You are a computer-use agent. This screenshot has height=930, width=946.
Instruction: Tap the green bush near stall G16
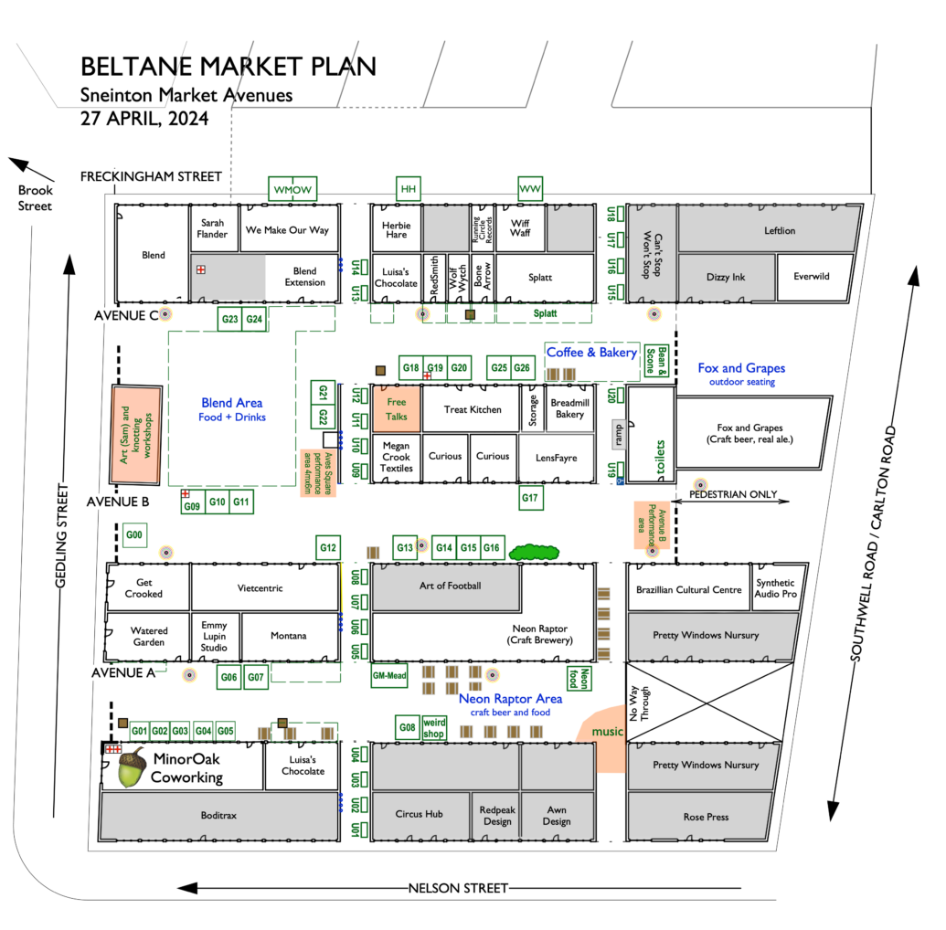click(x=535, y=551)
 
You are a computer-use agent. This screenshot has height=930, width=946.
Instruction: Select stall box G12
click(x=327, y=548)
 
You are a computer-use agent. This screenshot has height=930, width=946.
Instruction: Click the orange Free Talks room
click(x=397, y=408)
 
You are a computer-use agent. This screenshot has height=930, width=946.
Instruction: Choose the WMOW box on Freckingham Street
click(x=293, y=189)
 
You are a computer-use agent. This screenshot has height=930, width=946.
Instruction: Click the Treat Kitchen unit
click(x=472, y=409)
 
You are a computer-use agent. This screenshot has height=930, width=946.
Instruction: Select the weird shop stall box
click(x=433, y=728)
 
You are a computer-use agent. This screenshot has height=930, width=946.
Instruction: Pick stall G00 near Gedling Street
click(x=134, y=535)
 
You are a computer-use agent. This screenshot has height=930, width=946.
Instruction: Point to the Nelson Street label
click(x=457, y=888)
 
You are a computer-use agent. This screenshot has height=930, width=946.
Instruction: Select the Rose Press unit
click(x=706, y=817)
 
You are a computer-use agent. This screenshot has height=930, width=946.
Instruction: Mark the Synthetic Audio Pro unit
click(x=775, y=588)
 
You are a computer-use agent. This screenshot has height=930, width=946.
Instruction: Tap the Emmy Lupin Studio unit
click(x=215, y=636)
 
